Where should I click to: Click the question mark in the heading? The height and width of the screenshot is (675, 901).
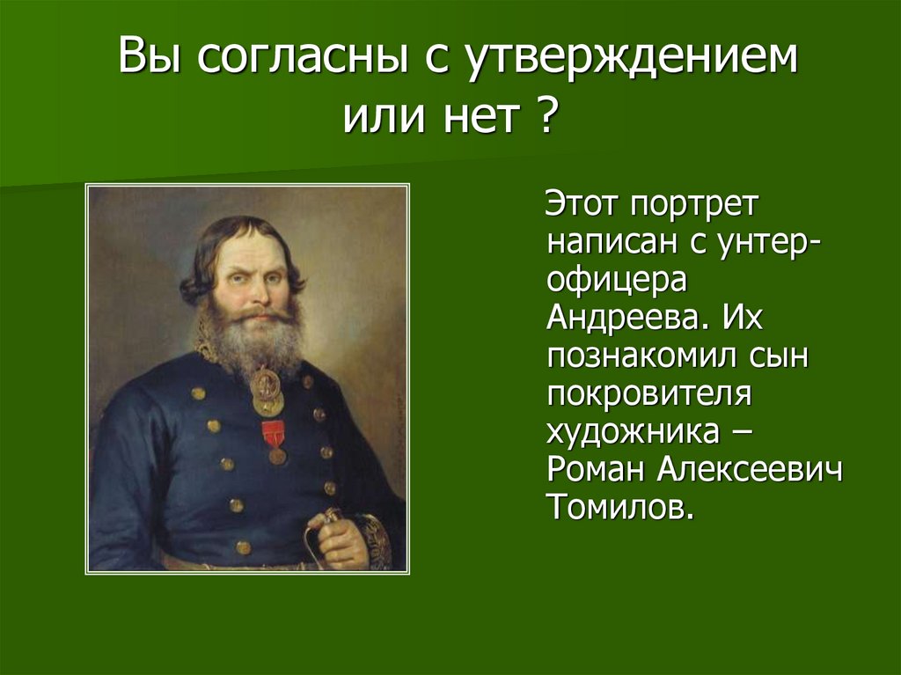547,115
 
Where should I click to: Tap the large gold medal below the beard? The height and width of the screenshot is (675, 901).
267,391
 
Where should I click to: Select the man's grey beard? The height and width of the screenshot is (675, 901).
251,339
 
